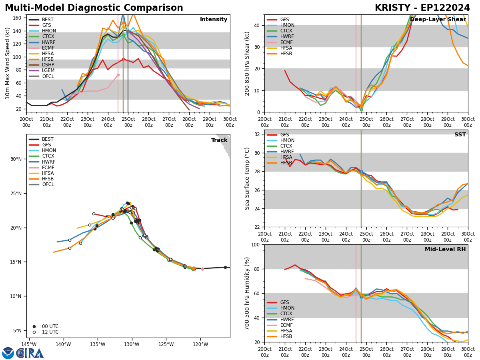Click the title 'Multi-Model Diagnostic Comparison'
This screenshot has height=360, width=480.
coord(94,8)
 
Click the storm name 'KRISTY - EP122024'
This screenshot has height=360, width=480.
coord(422,8)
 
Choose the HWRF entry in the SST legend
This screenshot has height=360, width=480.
coord(287,152)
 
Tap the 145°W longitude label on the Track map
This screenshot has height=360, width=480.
coord(29,344)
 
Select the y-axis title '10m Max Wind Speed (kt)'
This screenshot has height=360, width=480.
coord(8,63)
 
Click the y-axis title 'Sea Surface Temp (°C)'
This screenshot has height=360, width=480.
coord(248,178)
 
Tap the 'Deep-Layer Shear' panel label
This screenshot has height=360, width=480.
coord(438,20)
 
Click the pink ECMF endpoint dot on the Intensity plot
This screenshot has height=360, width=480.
coord(118,75)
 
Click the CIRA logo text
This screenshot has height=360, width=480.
coord(30,353)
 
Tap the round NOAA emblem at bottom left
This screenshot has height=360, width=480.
coord(8,353)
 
